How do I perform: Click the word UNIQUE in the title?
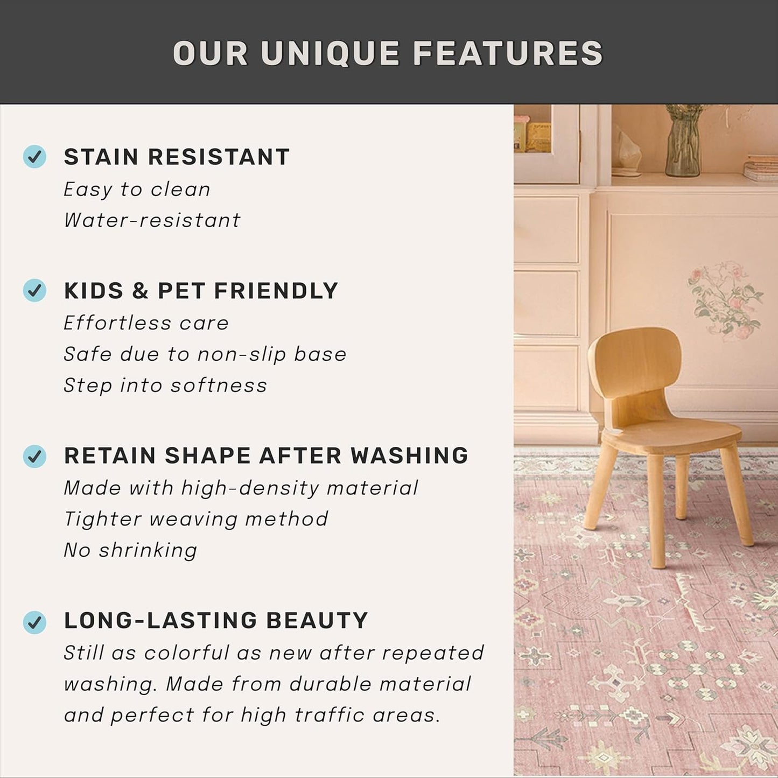(330, 54)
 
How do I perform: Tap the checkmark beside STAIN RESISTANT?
(34, 157)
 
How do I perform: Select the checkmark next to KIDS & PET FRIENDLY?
(34, 290)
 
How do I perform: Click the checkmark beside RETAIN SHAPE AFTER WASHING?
(34, 456)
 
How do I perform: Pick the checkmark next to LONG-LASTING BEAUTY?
(34, 622)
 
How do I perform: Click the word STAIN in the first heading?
(101, 157)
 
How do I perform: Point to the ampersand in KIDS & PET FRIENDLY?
(140, 291)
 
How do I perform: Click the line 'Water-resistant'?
(152, 220)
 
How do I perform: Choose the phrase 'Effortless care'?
(146, 323)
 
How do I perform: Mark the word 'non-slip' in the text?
(242, 354)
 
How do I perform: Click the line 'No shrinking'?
(130, 550)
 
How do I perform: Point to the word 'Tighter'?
(103, 519)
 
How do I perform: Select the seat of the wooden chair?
(673, 433)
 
